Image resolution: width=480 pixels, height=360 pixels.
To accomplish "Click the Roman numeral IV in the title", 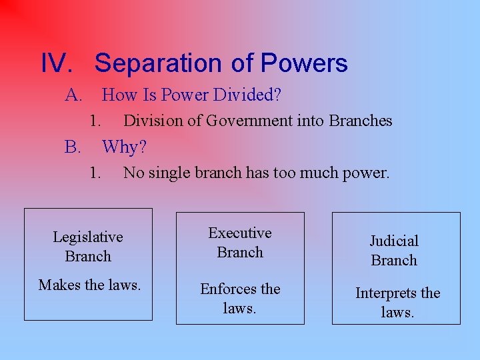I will (x=56, y=63).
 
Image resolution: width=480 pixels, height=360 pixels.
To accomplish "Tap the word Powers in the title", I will (x=304, y=63).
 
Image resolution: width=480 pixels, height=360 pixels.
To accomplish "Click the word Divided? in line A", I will (x=248, y=95).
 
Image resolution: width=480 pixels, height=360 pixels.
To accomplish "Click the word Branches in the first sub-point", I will (x=361, y=121).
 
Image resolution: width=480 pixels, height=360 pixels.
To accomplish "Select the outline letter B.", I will (x=72, y=147).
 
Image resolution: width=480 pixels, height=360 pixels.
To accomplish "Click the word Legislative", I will (x=88, y=237).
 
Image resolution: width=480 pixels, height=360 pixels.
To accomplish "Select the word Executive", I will (x=240, y=233).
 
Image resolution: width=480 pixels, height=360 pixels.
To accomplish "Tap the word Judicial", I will (x=394, y=241).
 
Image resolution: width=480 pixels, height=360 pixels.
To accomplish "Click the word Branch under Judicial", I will (x=394, y=261).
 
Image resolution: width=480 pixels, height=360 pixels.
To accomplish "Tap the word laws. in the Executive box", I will (x=240, y=309).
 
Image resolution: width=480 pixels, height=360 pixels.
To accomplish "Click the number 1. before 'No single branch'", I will (x=96, y=173).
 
